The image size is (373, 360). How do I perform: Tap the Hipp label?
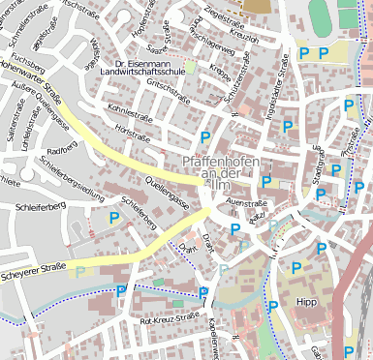click(307, 302)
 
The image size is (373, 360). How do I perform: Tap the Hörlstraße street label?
click(131, 127)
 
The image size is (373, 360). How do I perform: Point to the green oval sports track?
click(320, 13)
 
